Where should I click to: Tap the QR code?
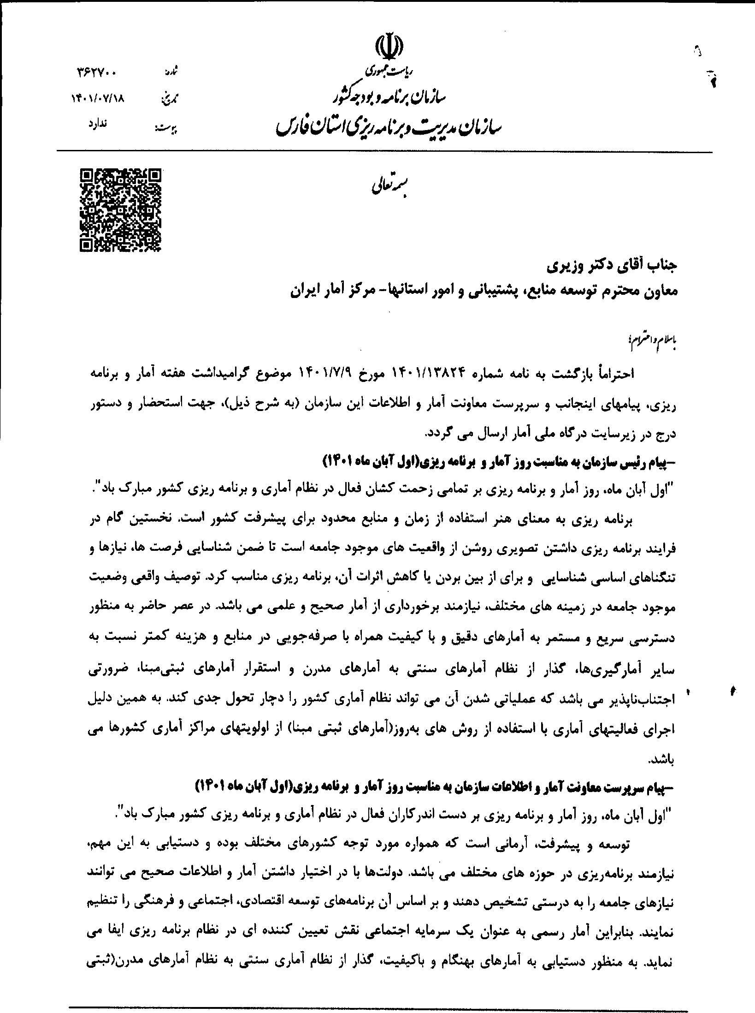121,210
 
